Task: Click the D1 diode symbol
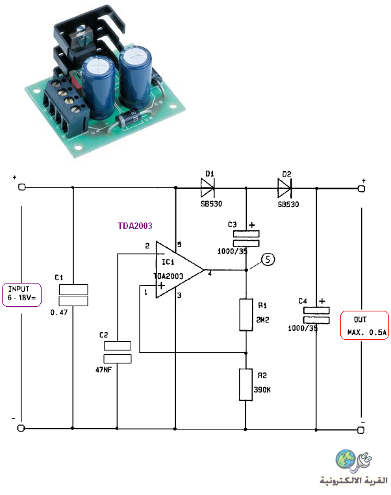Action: click(x=208, y=187)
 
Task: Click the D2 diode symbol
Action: click(x=284, y=188)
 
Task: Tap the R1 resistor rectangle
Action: click(x=246, y=315)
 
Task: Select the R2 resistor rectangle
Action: click(x=246, y=385)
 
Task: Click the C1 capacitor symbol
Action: click(x=73, y=295)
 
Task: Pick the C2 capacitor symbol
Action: click(x=118, y=352)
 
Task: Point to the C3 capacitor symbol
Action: click(x=246, y=239)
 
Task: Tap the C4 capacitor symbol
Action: click(x=316, y=315)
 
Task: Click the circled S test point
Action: click(x=268, y=260)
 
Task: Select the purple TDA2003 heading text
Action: click(x=135, y=226)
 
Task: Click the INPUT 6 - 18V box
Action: click(x=22, y=295)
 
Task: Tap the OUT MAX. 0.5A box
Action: click(x=364, y=325)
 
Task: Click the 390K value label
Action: click(x=262, y=390)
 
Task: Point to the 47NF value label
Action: click(x=104, y=370)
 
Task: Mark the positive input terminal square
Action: click(x=21, y=187)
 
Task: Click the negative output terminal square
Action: click(x=361, y=430)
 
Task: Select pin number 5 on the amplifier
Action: click(x=179, y=245)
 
